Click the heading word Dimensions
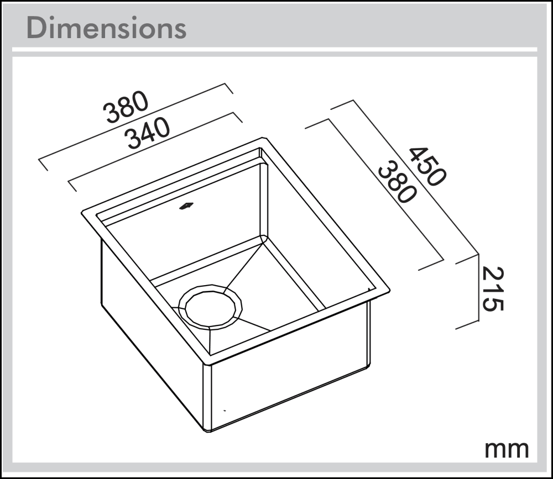click(x=106, y=28)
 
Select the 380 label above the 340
click(x=127, y=107)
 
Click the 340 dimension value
click(x=147, y=135)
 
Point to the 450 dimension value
click(x=426, y=166)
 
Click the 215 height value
click(x=492, y=288)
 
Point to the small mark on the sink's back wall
click(x=186, y=207)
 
